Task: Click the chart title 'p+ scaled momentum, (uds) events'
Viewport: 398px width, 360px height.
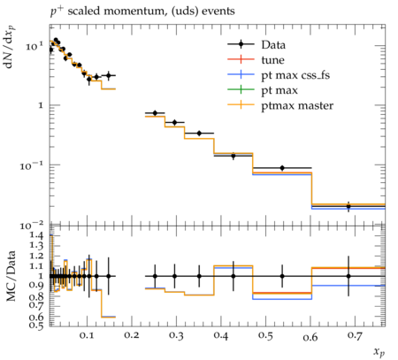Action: tap(142, 11)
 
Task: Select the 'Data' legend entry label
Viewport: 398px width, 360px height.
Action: tap(273, 45)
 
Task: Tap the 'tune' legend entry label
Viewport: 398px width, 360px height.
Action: tap(272, 60)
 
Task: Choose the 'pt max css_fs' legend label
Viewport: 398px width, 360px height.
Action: tap(295, 75)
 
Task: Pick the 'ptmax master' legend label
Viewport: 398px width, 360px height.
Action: tap(297, 106)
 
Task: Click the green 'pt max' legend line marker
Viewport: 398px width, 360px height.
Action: tap(241, 89)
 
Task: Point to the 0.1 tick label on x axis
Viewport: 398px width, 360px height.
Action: tap(87, 335)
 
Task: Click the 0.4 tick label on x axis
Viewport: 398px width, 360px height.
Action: tap(221, 335)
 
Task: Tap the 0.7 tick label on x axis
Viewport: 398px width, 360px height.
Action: tap(355, 335)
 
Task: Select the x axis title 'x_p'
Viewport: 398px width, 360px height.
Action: tap(379, 352)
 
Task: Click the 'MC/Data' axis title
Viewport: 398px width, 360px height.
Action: tap(11, 276)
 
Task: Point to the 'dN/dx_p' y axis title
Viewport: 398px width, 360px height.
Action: tap(10, 47)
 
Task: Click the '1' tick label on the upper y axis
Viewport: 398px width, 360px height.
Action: tap(41, 105)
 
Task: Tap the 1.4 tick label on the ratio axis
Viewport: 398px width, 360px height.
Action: tap(36, 235)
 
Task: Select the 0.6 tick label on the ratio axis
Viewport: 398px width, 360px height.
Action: tap(36, 317)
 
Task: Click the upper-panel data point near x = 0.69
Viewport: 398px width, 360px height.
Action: tap(348, 206)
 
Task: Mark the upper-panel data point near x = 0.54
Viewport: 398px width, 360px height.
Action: tap(282, 168)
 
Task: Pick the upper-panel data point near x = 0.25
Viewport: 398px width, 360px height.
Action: tap(155, 113)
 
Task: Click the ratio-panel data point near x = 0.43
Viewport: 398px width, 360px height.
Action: tap(233, 276)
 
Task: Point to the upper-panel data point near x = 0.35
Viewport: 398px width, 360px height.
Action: tap(199, 134)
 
